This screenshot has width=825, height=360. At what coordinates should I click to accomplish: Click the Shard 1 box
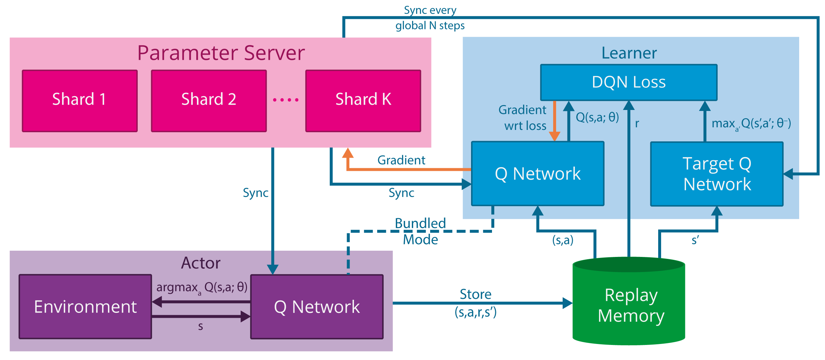pos(79,101)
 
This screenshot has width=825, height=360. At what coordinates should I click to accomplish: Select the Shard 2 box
pos(209,101)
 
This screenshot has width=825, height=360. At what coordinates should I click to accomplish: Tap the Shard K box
pos(363,101)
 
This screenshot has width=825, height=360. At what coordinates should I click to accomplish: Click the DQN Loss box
pos(628,82)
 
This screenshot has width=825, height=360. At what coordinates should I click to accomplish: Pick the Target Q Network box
pos(717,174)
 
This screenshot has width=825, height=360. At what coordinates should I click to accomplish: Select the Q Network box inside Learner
pos(537,173)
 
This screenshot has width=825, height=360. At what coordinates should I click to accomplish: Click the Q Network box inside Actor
pos(317,307)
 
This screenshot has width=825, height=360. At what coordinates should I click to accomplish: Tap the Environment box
pos(85,307)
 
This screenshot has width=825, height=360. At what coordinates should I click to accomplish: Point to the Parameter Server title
pos(221,53)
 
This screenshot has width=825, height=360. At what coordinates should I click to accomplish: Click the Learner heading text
pos(629,53)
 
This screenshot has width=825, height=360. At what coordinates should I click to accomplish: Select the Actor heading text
pos(201,263)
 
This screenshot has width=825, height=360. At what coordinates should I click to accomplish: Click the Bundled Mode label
pos(420,231)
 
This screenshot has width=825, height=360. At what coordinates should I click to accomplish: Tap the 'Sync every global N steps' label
pos(430,18)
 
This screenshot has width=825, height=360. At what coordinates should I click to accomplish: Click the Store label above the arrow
pos(475,294)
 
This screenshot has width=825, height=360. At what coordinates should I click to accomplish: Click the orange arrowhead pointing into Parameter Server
pos(348,153)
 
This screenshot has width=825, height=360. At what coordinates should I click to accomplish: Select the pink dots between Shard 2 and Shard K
pos(286,100)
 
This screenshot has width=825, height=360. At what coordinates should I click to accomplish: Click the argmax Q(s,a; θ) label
pos(202,288)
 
